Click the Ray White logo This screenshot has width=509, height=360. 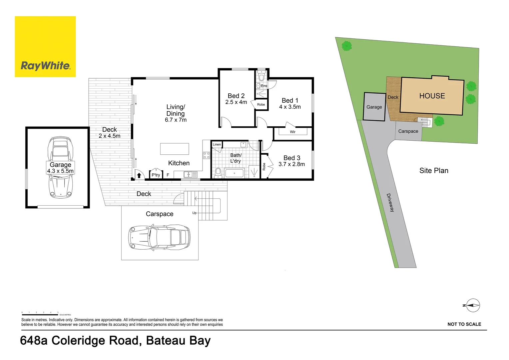pyautogui.click(x=45, y=47)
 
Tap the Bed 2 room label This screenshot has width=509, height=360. pyautogui.click(x=236, y=96)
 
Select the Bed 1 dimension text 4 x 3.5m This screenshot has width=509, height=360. pyautogui.click(x=290, y=107)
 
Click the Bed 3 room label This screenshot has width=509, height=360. pyautogui.click(x=291, y=158)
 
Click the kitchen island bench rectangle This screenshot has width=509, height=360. pyautogui.click(x=175, y=149)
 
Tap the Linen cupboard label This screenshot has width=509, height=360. pyautogui.click(x=217, y=144)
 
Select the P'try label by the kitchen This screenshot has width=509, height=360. pyautogui.click(x=156, y=175)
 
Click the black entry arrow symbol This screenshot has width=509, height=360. pyautogui.click(x=139, y=175)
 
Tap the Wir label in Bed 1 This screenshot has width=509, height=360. pyautogui.click(x=292, y=132)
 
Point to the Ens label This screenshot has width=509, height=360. pyautogui.click(x=264, y=86)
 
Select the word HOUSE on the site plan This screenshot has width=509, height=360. pyautogui.click(x=432, y=96)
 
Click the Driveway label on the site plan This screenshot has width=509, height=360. pyautogui.click(x=390, y=203)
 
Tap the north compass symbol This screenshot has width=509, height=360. pyautogui.click(x=473, y=305)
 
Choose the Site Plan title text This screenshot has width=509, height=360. pyautogui.click(x=434, y=171)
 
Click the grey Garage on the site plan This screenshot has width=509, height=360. pyautogui.click(x=374, y=107)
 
